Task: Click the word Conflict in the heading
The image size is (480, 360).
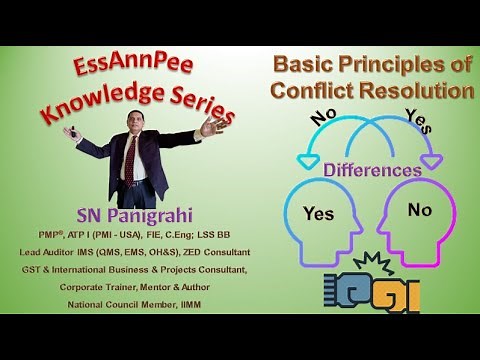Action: (x=318, y=92)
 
